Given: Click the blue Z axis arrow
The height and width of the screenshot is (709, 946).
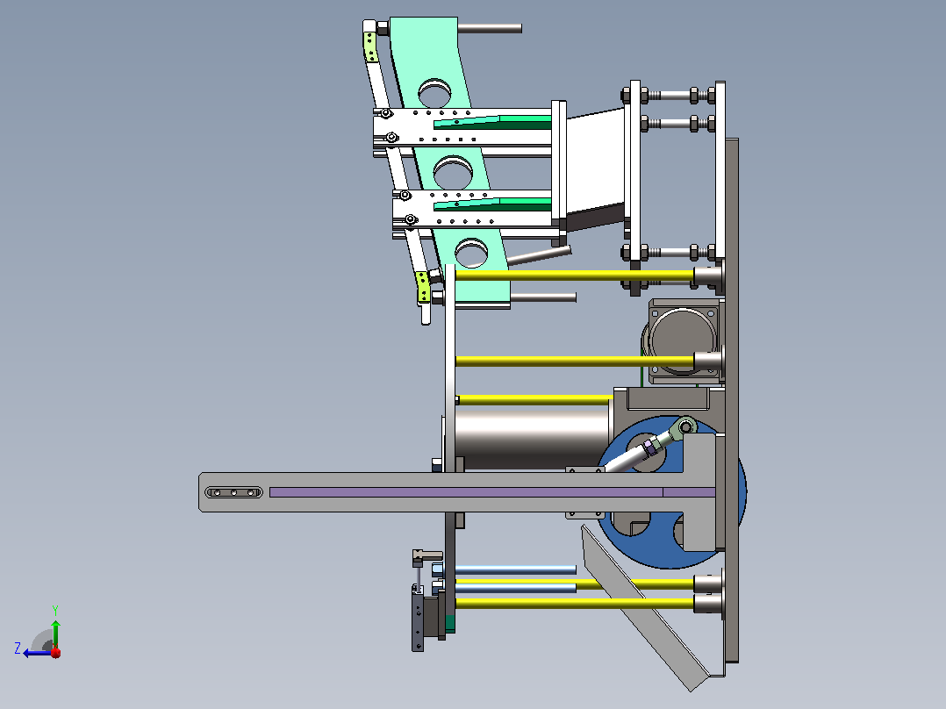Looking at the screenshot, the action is pos(38,653).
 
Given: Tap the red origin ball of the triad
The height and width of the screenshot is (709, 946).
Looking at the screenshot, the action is pos(55,652).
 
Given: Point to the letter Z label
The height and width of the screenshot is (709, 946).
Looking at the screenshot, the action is pos(18,648).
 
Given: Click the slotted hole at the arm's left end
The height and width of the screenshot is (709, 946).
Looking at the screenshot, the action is pos(234,492).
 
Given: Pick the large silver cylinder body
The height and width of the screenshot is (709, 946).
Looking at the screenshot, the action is pos(531,440).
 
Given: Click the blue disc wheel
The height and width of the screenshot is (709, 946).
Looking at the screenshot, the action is pos(670,491).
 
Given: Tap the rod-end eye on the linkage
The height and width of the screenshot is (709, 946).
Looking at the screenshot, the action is pos(685,426).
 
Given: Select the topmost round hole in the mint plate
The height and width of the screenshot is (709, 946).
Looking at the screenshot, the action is pos(434,92).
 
